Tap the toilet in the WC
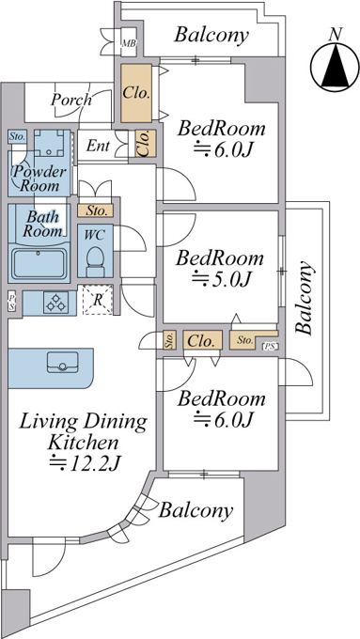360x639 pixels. click(x=95, y=261)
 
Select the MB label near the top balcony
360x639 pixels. click(x=130, y=43)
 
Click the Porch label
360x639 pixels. click(x=70, y=100)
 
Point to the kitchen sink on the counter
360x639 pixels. click(x=62, y=363)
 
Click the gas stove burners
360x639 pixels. click(x=55, y=303)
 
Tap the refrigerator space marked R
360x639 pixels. click(x=98, y=300)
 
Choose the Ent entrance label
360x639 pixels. click(x=98, y=146)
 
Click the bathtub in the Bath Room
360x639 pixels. click(x=39, y=264)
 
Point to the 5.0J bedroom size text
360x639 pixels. click(x=222, y=280)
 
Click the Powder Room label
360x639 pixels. click(x=39, y=179)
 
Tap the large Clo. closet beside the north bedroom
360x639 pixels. click(x=136, y=92)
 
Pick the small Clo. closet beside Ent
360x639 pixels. click(x=145, y=144)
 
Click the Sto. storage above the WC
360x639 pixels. click(x=95, y=210)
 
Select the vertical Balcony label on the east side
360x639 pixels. click(x=305, y=298)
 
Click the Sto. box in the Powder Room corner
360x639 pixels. click(x=17, y=136)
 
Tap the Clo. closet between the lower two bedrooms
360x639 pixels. click(x=202, y=340)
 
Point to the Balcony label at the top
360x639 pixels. click(x=211, y=35)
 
